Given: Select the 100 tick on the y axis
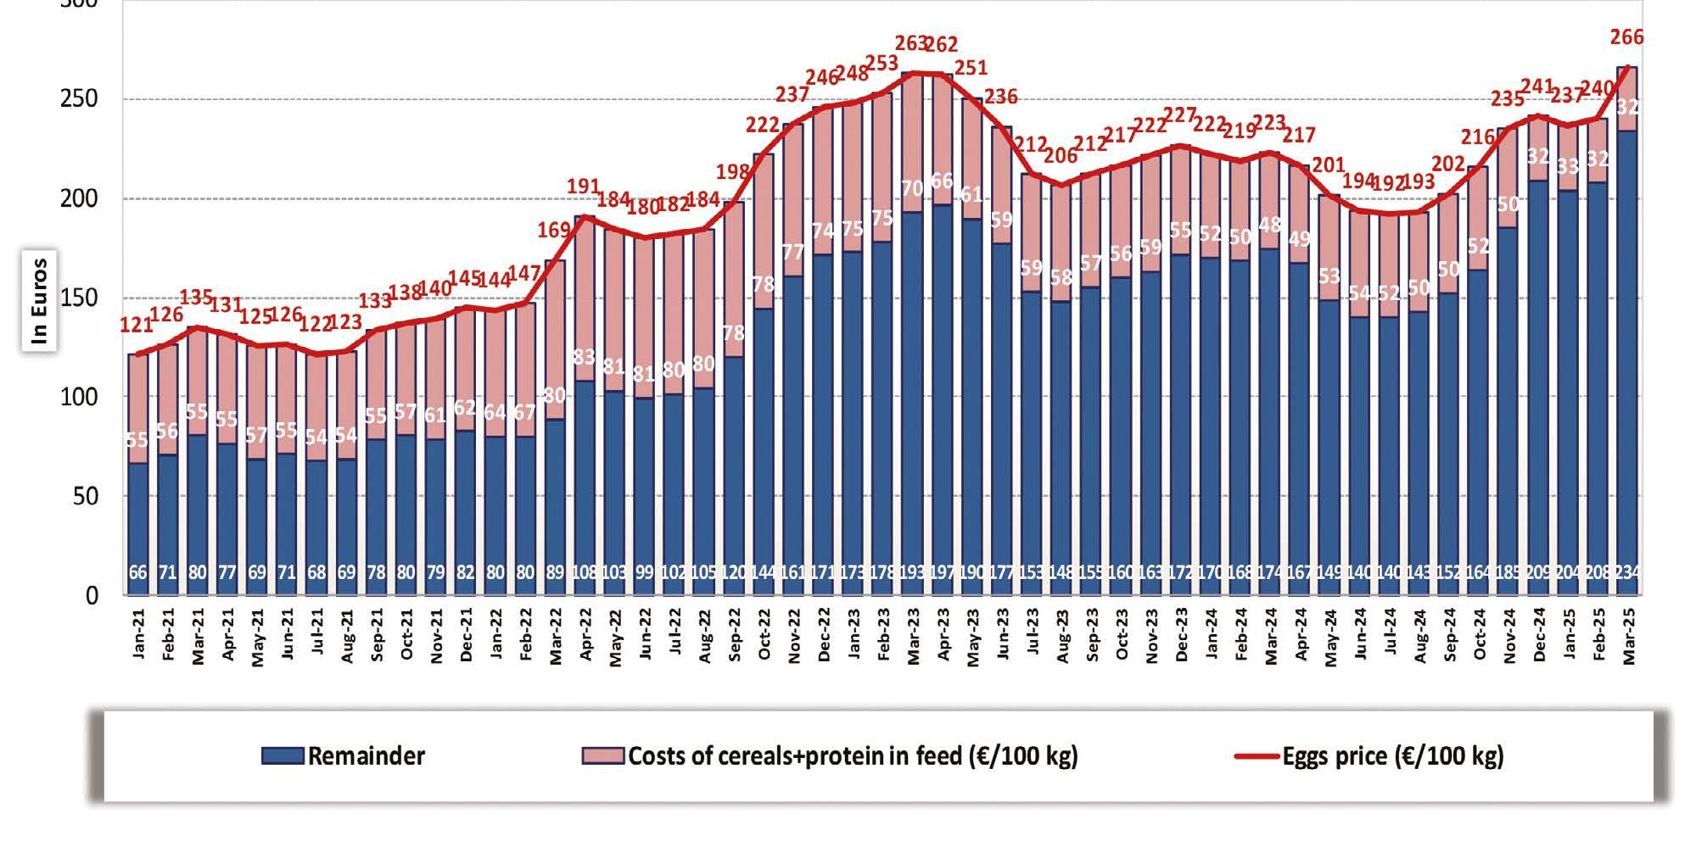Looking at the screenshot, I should [79, 397].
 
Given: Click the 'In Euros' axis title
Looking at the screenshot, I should [39, 300].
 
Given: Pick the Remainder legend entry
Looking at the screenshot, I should [344, 755].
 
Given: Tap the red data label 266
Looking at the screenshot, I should [1626, 37].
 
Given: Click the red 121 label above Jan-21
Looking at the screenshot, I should [137, 325].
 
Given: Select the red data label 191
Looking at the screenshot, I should [584, 187].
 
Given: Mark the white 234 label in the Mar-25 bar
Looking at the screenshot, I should [1626, 572].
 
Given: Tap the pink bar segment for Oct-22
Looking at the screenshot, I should [764, 229].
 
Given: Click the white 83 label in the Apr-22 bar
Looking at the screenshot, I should [584, 358].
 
